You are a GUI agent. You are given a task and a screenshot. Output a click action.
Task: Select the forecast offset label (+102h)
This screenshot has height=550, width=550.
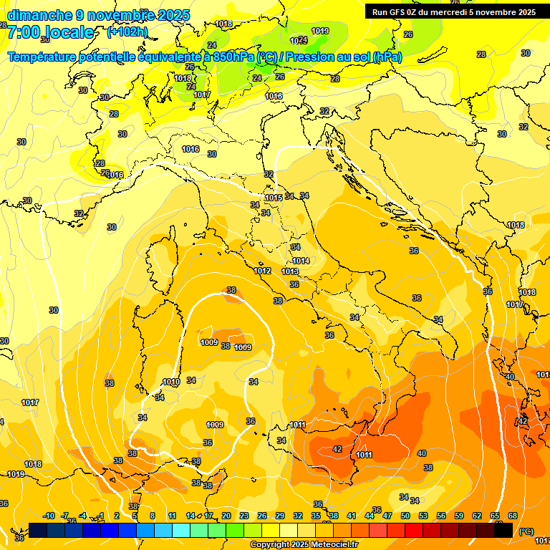[127, 32]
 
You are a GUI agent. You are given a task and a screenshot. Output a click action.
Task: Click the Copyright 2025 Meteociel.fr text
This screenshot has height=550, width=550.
[304, 545]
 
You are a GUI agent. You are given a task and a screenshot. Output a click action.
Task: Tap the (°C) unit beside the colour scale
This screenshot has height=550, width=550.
[526, 531]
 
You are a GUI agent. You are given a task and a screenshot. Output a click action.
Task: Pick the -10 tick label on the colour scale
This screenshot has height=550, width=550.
[49, 516]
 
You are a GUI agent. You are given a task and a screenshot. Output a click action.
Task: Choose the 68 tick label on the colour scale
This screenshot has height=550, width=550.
[513, 516]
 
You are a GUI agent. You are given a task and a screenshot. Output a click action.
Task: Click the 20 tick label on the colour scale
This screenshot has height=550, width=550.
[226, 516]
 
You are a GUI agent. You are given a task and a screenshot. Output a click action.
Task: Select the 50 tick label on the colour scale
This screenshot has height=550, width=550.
[405, 516]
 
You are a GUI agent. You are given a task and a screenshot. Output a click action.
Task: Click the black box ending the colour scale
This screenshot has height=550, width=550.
[503, 530]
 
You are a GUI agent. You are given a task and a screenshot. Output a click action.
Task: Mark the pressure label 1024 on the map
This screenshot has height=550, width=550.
[299, 40]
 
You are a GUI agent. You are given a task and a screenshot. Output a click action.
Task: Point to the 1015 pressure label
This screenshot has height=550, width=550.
[273, 198]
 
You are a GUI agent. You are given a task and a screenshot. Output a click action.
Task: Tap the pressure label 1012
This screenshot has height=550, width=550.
[262, 271]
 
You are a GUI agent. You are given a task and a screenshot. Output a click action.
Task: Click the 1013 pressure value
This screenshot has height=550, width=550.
[290, 272]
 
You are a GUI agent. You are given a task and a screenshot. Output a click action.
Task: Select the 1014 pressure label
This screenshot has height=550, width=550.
[301, 261]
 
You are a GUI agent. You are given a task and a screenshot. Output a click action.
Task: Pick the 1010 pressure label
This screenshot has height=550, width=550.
[171, 382]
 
